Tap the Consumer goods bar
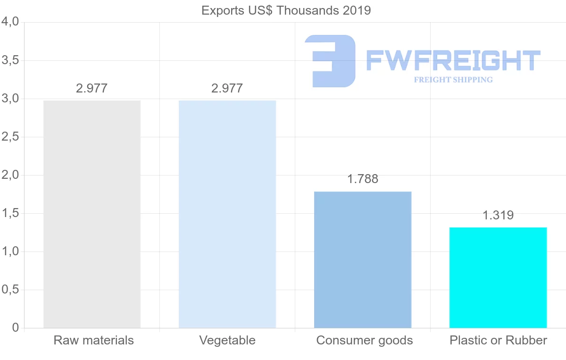(x=363, y=260)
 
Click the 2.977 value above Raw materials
(x=92, y=88)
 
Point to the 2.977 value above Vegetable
(x=227, y=88)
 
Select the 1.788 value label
(x=363, y=179)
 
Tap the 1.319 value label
(x=498, y=216)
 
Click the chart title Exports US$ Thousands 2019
(x=286, y=10)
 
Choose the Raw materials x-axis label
(x=94, y=340)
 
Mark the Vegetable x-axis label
(x=227, y=340)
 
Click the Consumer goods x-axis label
(x=365, y=340)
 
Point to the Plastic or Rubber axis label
(x=499, y=340)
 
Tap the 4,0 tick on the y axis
(x=10, y=22)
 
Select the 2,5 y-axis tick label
(x=10, y=137)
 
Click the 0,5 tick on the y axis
(x=10, y=290)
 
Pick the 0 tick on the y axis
(x=15, y=328)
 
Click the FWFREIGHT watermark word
(x=453, y=61)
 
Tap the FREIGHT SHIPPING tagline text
(x=453, y=80)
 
